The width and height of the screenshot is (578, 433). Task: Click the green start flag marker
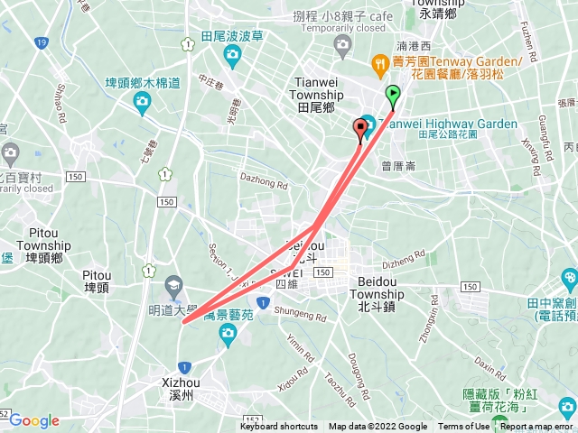[393, 94]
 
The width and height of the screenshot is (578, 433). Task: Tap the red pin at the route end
[362, 128]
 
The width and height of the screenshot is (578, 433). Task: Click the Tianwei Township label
[315, 94]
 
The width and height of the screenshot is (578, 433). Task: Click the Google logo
[33, 420]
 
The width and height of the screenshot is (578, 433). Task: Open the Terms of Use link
[463, 427]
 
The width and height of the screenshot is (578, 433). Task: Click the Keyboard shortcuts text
[279, 427]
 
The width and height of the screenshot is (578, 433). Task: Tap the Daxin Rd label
[490, 367]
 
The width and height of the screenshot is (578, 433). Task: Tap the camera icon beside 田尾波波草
[233, 57]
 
